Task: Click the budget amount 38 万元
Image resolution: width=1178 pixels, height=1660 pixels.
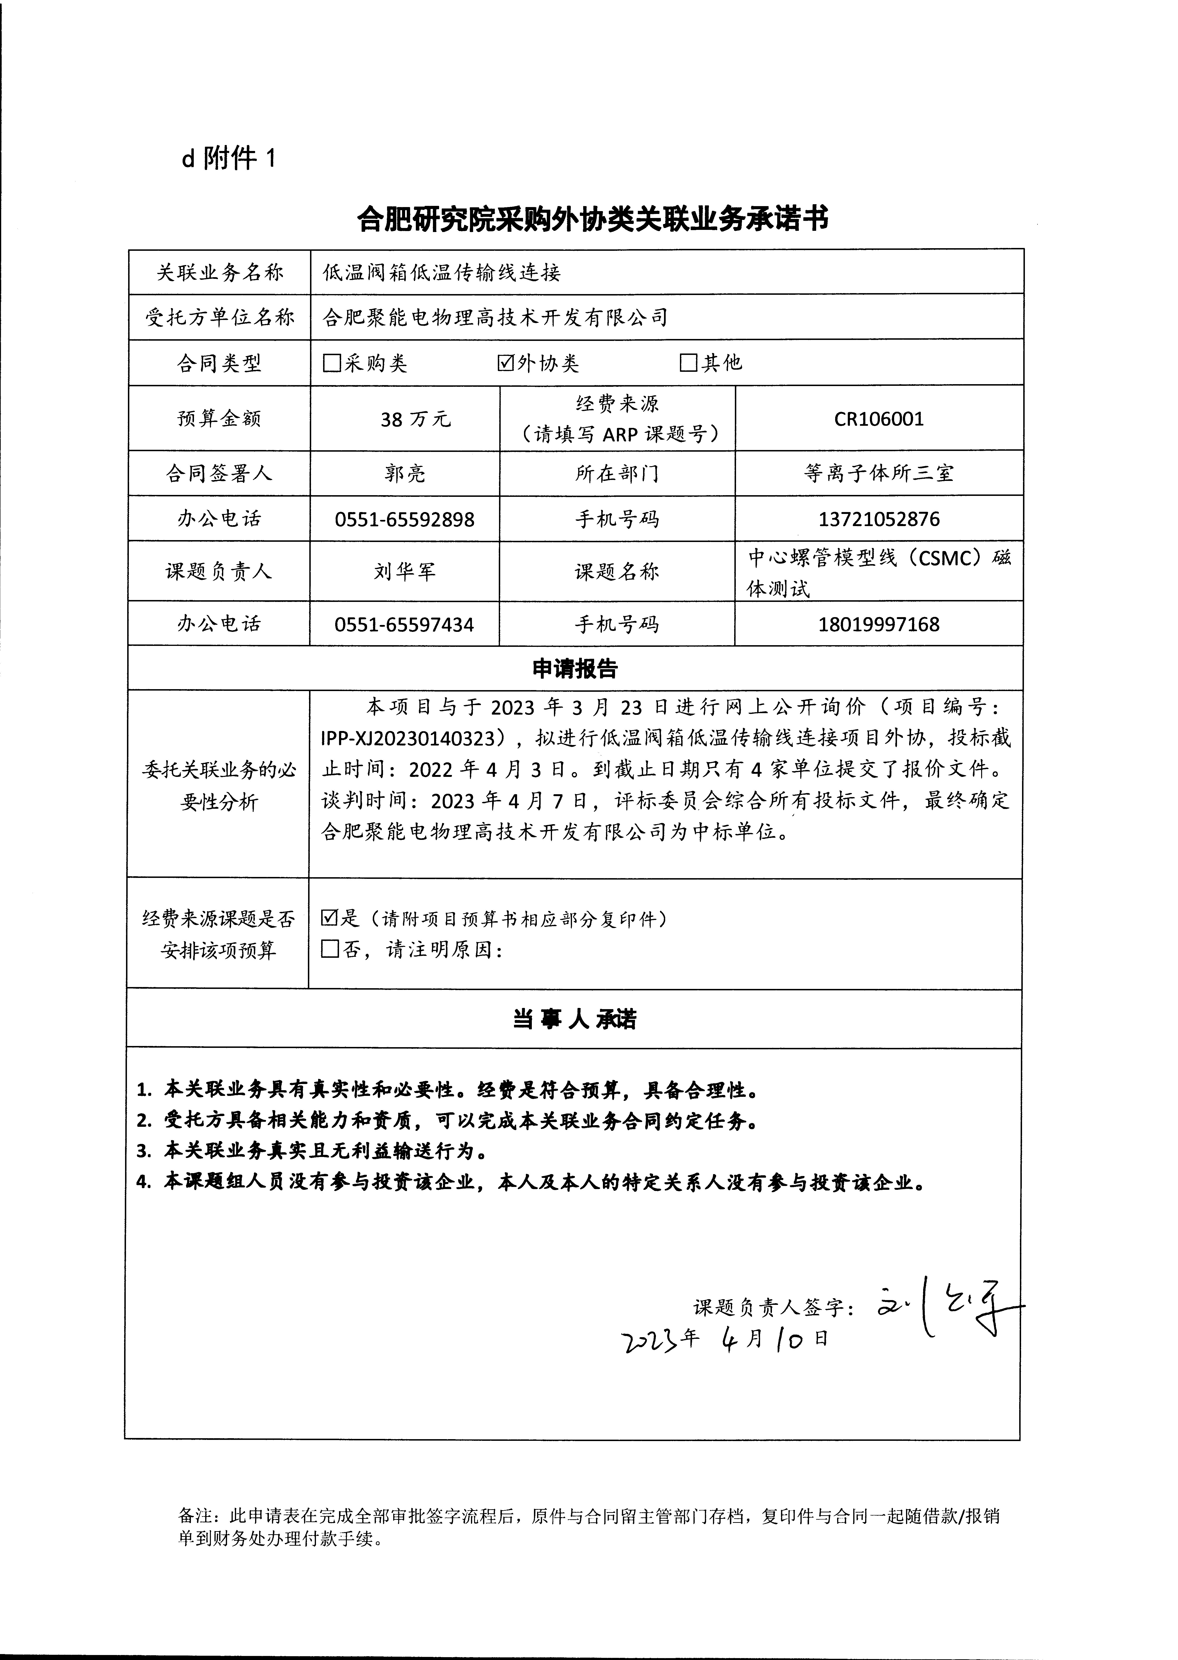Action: tap(415, 419)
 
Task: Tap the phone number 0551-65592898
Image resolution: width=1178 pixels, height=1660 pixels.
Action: tap(405, 519)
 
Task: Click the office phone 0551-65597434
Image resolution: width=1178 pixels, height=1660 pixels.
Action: tap(405, 624)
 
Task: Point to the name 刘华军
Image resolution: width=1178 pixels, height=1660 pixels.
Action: tap(405, 572)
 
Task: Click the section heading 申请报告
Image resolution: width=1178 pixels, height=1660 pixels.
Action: tap(574, 669)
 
